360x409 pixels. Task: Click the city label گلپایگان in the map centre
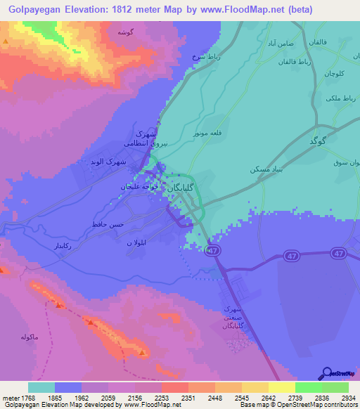pyautogui.click(x=181, y=187)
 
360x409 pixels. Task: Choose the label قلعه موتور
pyautogui.click(x=209, y=131)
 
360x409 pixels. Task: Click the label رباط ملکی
pyautogui.click(x=337, y=98)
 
